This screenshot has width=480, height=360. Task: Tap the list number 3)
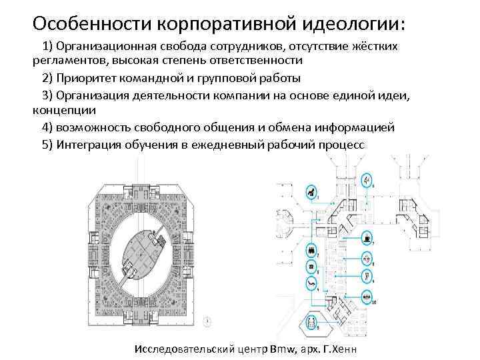47,95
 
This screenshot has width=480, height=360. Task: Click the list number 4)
47,127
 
